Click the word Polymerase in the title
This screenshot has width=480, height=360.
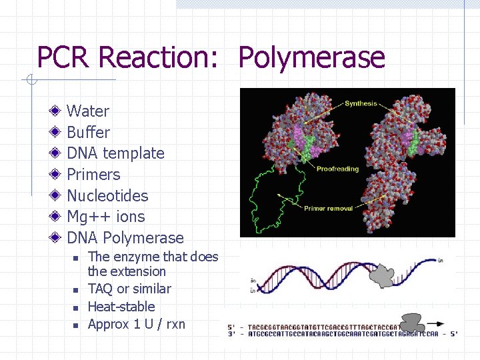311,58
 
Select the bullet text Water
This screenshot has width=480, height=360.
88,111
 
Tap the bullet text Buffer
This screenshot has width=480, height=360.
88,132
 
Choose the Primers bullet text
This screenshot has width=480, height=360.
93,175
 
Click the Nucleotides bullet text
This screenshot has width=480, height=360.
107,196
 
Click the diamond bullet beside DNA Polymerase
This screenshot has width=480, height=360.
57,237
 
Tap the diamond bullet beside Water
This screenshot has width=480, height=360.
57,111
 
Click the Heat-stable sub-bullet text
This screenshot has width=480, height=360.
121,307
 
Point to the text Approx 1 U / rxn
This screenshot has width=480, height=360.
137,324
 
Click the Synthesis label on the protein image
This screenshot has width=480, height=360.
361,104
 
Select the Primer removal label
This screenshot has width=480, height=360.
329,209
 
